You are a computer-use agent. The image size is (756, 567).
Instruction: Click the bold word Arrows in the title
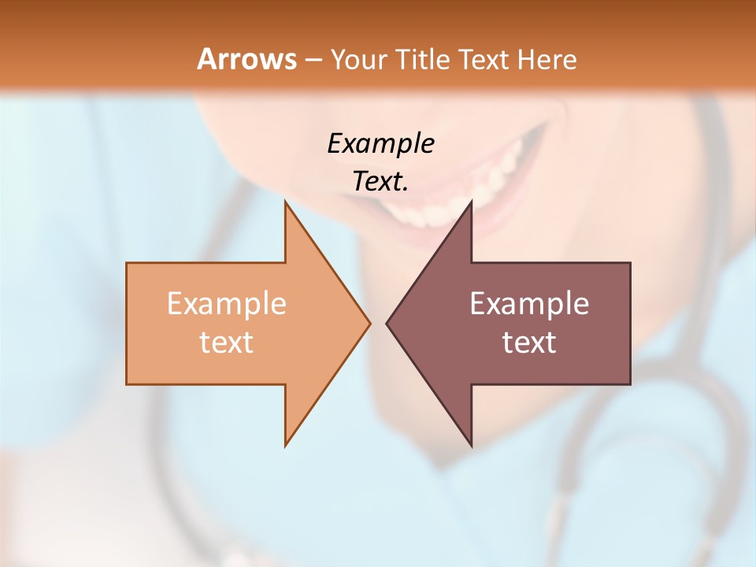(x=246, y=59)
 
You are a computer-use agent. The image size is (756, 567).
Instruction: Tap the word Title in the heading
(x=426, y=59)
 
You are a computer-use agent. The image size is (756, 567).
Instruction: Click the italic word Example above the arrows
(x=380, y=143)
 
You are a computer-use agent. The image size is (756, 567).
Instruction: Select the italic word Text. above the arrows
(x=380, y=181)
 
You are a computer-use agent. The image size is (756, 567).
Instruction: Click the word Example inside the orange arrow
(x=226, y=304)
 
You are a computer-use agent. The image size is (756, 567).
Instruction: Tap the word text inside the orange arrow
(x=226, y=342)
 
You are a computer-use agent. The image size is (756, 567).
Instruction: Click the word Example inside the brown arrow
(x=529, y=304)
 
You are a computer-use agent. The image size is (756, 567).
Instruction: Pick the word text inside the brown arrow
(x=529, y=342)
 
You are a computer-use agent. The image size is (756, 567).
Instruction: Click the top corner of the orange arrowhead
(x=286, y=203)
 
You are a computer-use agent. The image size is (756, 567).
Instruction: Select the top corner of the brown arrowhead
(x=471, y=203)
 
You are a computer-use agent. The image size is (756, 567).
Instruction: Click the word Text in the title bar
(x=482, y=59)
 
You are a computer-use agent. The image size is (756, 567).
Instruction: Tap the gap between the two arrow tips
(x=378, y=323)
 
